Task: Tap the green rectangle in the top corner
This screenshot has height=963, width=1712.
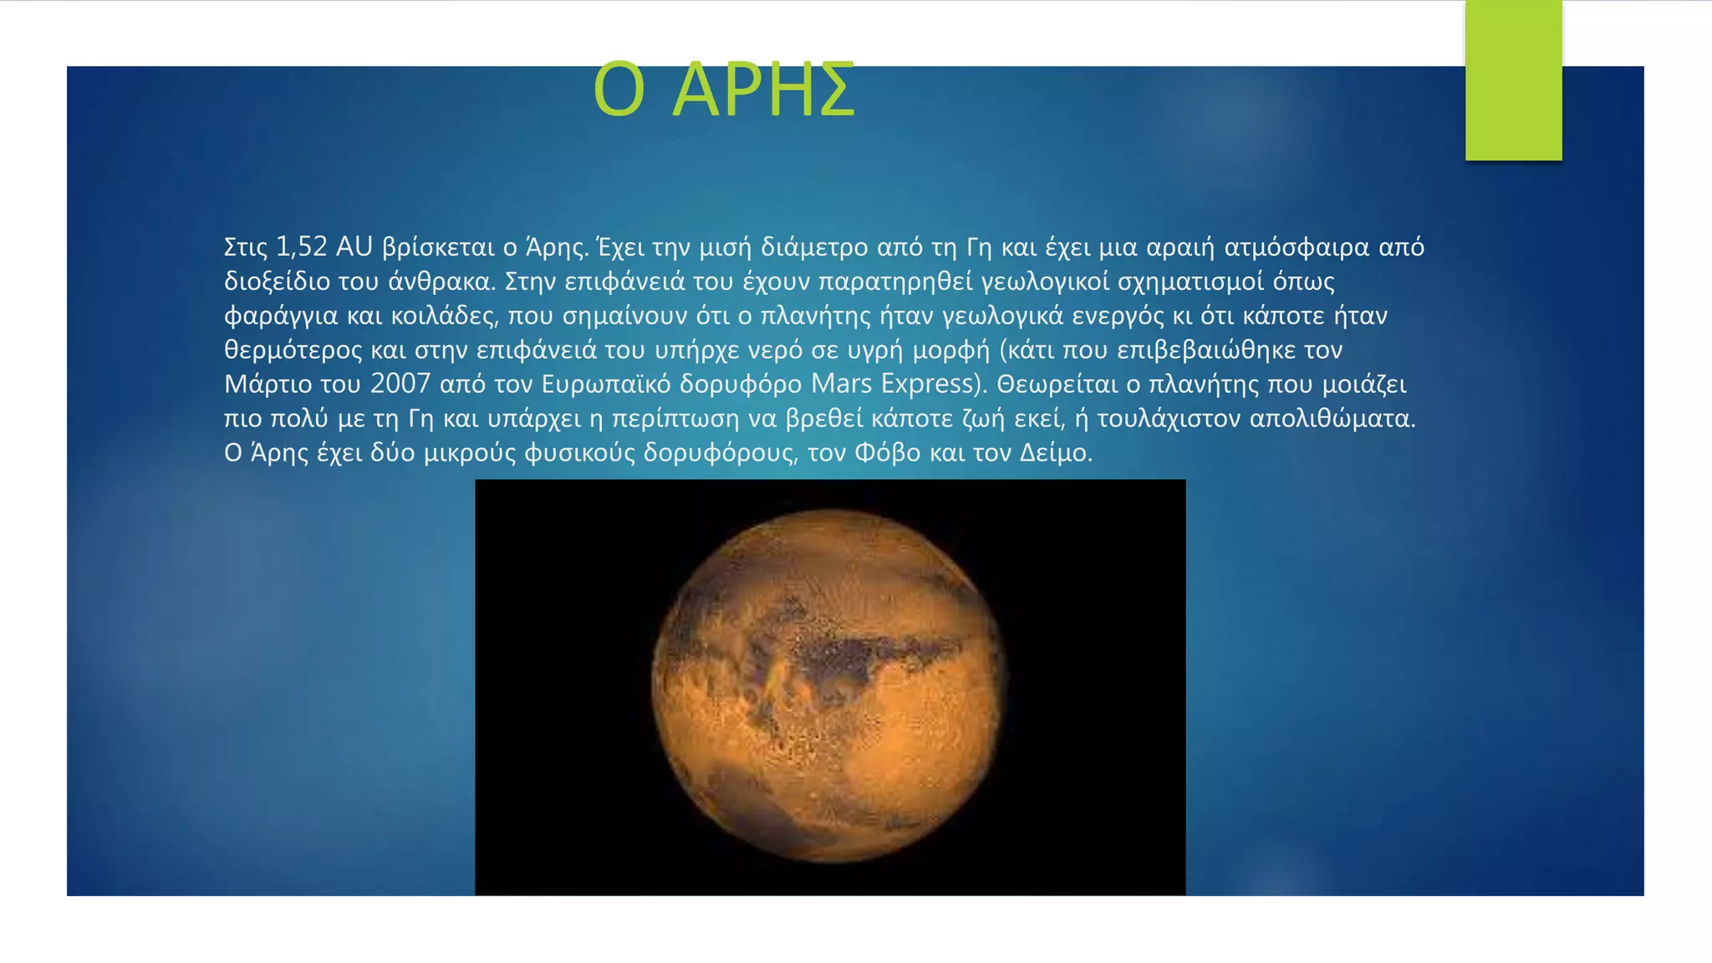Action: pyautogui.click(x=1513, y=80)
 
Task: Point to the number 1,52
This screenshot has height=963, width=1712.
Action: pyautogui.click(x=301, y=247)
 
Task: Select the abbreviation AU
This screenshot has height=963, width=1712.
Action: pyautogui.click(x=354, y=247)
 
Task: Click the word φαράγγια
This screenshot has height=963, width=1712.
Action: pyautogui.click(x=281, y=316)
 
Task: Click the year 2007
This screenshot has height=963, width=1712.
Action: pyautogui.click(x=400, y=384)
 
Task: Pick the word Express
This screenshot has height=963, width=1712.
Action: pyautogui.click(x=928, y=384)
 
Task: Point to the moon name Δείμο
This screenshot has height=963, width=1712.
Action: pyautogui.click(x=1055, y=452)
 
